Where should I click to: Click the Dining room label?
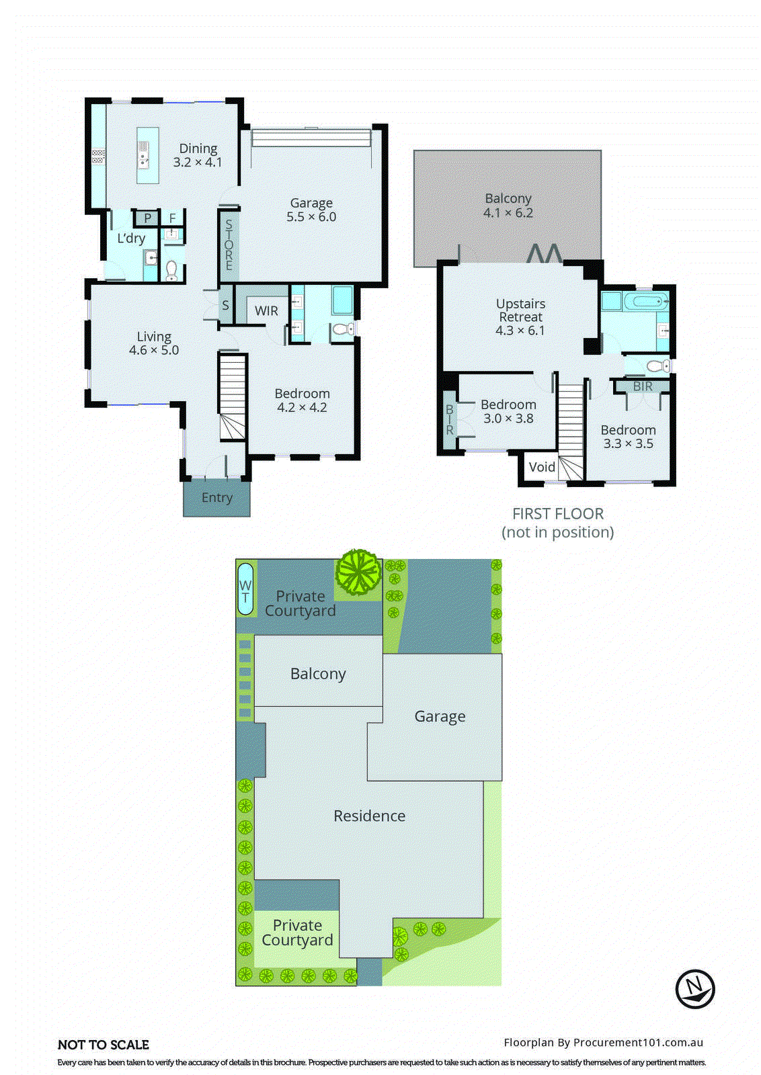point(198,148)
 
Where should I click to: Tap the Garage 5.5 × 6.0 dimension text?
point(311,217)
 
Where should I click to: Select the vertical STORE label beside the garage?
point(229,245)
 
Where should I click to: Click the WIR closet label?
point(266,311)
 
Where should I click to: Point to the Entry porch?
point(216,498)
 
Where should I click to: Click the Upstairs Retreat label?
point(520,310)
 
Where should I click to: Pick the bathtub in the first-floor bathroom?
point(645,300)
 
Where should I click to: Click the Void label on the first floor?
point(542,467)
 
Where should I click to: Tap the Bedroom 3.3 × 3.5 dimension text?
point(628,443)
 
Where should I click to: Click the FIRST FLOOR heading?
point(558,514)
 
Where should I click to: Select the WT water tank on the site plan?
point(245,589)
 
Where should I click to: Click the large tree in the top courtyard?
point(359,572)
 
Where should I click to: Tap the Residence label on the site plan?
point(369,816)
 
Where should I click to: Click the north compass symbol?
point(694,988)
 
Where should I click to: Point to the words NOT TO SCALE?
point(104,1045)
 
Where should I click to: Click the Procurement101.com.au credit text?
point(603,1043)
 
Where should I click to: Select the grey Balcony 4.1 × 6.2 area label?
point(508,206)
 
